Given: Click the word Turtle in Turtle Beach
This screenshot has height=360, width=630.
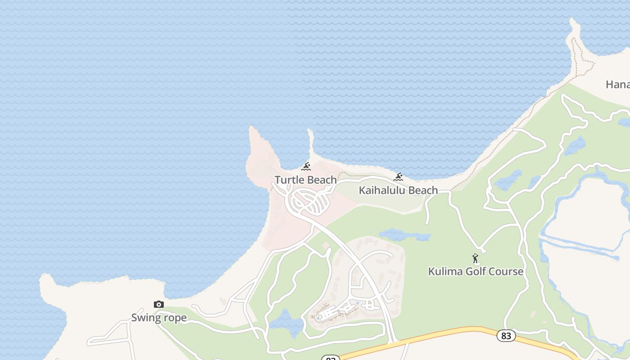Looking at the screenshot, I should click(x=288, y=180).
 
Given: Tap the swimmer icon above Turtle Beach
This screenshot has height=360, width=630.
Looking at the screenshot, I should click(x=306, y=167).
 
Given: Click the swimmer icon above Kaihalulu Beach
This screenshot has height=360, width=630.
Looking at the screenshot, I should click(x=398, y=177).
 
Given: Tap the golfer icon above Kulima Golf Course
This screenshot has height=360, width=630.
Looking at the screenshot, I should click(x=475, y=259).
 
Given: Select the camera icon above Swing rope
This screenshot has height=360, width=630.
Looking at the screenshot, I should click(x=158, y=305).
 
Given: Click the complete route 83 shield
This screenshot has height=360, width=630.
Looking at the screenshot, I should click(x=506, y=336).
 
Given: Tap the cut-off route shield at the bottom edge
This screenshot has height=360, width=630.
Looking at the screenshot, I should click(x=330, y=358).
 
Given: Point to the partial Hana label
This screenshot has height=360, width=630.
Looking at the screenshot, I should click(x=618, y=84).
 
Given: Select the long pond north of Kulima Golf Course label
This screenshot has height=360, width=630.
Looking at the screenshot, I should click(x=404, y=235).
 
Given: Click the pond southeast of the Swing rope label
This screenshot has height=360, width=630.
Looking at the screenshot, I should click(x=286, y=322).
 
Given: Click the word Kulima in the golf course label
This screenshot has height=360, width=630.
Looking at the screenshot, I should click(x=445, y=271).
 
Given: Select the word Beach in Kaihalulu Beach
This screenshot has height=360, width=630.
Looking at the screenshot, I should click(x=423, y=190).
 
